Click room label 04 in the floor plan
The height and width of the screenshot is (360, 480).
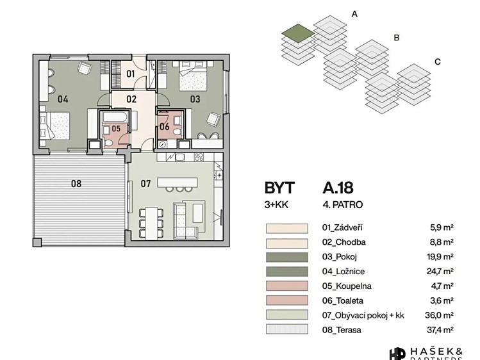(x=63, y=99)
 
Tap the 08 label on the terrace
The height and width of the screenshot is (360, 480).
(x=76, y=183)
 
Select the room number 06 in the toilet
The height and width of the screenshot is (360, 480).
(x=165, y=126)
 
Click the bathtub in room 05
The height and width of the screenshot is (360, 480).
(x=115, y=117)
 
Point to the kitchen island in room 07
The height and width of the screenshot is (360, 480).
(x=178, y=183)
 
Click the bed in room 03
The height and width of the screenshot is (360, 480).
(x=193, y=76)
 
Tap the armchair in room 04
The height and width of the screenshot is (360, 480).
(x=85, y=68)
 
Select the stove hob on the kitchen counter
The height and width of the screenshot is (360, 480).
(x=199, y=157)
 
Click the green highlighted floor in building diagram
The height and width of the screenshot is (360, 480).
(x=298, y=33)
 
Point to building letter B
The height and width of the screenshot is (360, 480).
(x=397, y=38)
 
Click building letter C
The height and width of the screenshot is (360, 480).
(x=438, y=61)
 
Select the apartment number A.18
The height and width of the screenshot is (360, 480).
(x=338, y=188)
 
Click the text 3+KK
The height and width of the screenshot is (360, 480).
(x=276, y=204)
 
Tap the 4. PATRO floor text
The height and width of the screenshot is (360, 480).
(x=343, y=204)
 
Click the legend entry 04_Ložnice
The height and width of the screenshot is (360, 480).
(x=343, y=272)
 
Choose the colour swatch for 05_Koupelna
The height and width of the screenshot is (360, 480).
(x=287, y=286)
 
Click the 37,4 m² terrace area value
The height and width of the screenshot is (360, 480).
(x=440, y=330)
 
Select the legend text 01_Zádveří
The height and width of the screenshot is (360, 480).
(x=342, y=227)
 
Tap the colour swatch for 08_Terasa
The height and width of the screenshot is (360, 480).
(x=287, y=329)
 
